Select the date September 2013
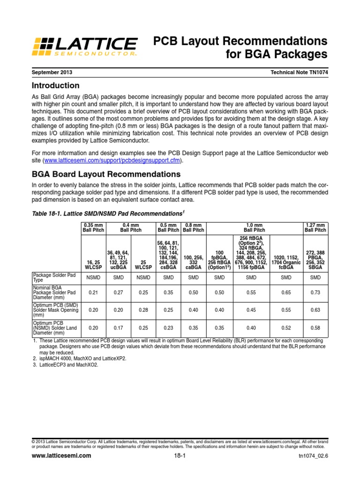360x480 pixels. click(52, 73)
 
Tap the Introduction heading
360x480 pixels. click(55, 86)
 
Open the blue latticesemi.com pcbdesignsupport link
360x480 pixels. click(112, 160)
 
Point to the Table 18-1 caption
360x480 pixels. click(106, 213)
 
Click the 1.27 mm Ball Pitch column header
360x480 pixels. click(315, 227)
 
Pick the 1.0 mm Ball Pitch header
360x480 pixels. click(255, 227)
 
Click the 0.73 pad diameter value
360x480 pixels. click(315, 292)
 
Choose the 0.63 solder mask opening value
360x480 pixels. click(315, 310)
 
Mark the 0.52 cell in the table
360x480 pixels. click(285, 329)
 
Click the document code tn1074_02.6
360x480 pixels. click(313, 456)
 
